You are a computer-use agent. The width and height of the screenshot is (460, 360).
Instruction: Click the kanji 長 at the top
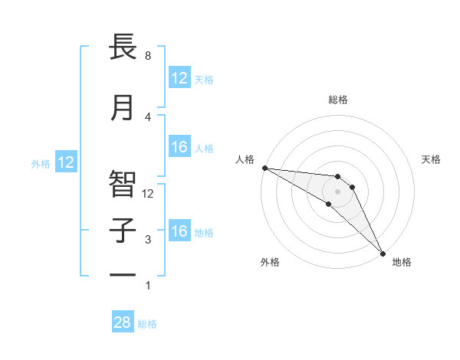point(123,47)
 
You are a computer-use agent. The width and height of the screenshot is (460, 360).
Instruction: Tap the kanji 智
point(123,182)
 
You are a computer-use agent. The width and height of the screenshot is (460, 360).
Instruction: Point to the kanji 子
point(123,231)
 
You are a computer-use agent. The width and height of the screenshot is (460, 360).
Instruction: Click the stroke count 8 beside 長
point(147,56)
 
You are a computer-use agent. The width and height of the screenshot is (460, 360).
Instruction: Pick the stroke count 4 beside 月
point(147,116)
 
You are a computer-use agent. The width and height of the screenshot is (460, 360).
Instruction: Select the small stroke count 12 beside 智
point(149,193)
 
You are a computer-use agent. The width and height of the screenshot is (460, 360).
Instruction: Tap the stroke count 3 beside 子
point(147,240)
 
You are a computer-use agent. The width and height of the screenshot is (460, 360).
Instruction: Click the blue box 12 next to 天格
point(179,78)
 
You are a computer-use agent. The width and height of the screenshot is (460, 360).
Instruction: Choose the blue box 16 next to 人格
point(179,147)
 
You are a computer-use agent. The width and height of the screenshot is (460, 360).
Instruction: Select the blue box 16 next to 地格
point(179,231)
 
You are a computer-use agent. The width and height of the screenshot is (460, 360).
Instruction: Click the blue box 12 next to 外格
point(66,162)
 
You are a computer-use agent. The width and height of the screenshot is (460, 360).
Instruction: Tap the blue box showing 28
point(123,322)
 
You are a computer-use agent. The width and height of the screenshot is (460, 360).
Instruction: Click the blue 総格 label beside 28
point(147,324)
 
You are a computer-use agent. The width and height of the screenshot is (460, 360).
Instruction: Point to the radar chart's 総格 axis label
point(337,100)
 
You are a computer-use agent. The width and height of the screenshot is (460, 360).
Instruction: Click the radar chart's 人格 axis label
point(245,159)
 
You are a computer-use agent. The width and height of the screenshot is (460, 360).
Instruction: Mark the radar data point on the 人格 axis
point(264,168)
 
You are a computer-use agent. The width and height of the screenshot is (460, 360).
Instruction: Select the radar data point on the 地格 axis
point(383,252)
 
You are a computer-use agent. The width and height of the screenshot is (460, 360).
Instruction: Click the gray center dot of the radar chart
point(337,191)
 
